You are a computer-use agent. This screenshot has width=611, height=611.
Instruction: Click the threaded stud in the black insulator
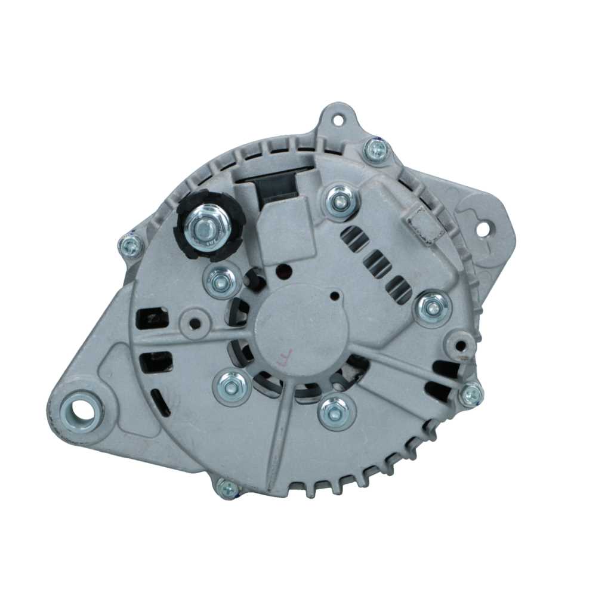pyautogui.click(x=205, y=226)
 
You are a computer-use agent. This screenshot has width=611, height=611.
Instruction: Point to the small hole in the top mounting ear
pyautogui.click(x=338, y=120)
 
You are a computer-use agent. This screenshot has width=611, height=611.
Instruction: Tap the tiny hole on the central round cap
pyautogui.click(x=334, y=295)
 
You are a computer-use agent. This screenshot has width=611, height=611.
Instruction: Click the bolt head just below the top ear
pyautogui.click(x=377, y=150)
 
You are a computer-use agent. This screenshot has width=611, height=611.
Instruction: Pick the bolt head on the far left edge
pyautogui.click(x=131, y=245)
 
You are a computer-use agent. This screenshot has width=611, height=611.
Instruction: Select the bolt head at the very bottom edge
pyautogui.click(x=228, y=488)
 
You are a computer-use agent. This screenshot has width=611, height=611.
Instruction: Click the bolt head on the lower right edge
pyautogui.click(x=470, y=394)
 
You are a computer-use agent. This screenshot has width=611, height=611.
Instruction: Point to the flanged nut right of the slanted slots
pyautogui.click(x=432, y=308)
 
